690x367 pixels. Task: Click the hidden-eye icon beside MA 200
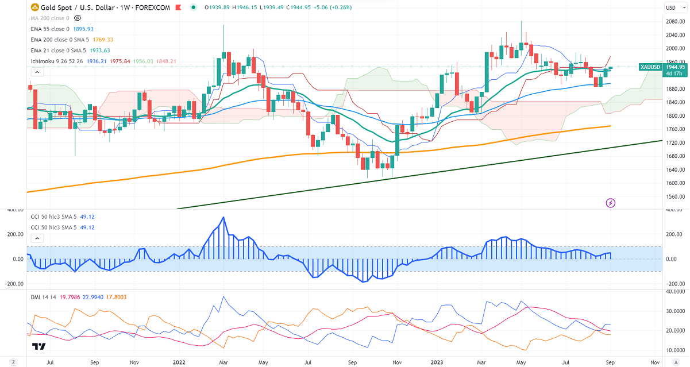coord(78,18)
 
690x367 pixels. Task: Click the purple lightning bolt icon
coord(611,202)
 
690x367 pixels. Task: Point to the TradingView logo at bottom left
coord(39,346)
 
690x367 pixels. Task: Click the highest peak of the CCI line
coord(223,217)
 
